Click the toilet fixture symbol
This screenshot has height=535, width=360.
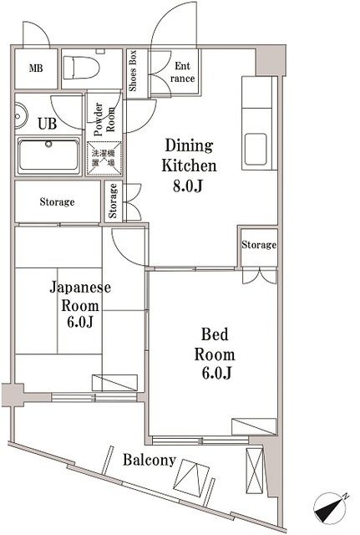tap(81, 68)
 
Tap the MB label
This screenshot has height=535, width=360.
tap(36, 69)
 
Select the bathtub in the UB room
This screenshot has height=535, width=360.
tap(48, 155)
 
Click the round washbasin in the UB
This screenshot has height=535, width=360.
tap(21, 115)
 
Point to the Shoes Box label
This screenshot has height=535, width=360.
tap(133, 70)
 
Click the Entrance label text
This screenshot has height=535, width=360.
tap(182, 72)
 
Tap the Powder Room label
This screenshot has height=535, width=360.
tap(104, 120)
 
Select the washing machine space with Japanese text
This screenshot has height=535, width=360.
tap(104, 158)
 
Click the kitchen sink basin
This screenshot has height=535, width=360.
tap(256, 149)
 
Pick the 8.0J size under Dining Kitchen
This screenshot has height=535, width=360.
tap(188, 186)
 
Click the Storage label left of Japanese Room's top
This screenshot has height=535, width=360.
tap(57, 201)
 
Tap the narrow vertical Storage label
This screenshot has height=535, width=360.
tap(113, 201)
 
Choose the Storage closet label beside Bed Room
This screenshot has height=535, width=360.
tap(259, 244)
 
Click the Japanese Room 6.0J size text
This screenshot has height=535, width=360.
tap(80, 322)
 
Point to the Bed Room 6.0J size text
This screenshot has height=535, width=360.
tap(217, 373)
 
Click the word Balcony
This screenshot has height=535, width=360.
tap(150, 460)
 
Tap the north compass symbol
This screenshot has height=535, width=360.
tap(330, 507)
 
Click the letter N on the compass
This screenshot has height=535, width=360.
tap(345, 496)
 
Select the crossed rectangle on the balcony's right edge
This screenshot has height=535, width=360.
tap(254, 471)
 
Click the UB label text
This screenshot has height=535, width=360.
tap(48, 124)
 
